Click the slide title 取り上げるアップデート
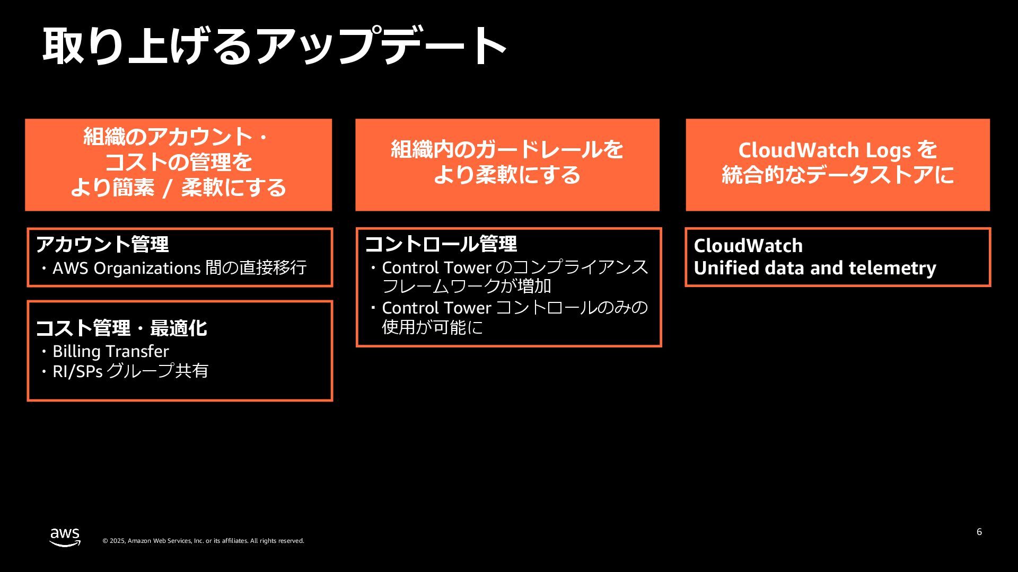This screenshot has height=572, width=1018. coord(275,46)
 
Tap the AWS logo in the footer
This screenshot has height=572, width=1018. coord(65,537)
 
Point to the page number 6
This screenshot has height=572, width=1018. coord(979,532)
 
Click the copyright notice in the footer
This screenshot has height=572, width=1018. coord(203,541)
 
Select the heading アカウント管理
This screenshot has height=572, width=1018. coord(102,244)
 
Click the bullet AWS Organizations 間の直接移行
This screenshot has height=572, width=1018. coord(179,268)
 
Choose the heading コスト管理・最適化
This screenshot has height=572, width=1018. coord(121,328)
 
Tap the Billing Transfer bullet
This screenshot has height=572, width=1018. coord(110,351)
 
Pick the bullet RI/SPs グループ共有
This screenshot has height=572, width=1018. coord(130,371)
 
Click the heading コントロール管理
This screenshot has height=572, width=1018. coord(441,244)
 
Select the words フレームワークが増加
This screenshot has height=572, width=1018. coord(467,287)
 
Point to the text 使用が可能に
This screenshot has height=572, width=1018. coord(432,327)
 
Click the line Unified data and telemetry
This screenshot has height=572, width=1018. coord(814,268)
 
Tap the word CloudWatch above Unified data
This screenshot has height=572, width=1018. coord(748,246)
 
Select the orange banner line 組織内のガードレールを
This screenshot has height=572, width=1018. coord(507,150)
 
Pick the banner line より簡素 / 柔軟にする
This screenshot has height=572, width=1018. coord(178,187)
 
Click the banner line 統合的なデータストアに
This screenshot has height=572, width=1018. coord(838,175)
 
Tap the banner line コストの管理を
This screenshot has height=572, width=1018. coord(178,162)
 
